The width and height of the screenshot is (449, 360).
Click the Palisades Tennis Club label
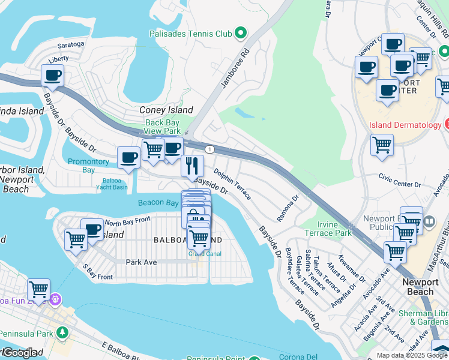[x=190, y=34]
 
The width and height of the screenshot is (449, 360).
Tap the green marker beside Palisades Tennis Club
[x=241, y=33]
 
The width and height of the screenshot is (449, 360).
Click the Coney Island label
[x=166, y=110]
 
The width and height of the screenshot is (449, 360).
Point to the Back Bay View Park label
[x=163, y=127]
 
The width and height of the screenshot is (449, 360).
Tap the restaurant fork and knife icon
[x=192, y=165]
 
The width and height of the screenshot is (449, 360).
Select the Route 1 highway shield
[x=209, y=149]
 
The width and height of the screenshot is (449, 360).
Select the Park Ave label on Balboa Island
[x=141, y=262]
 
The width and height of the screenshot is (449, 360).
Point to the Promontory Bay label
[x=89, y=166]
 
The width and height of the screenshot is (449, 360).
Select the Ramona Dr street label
[x=288, y=207]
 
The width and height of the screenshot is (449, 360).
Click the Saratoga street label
[x=71, y=44]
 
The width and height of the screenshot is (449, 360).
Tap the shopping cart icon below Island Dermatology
[x=382, y=145]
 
